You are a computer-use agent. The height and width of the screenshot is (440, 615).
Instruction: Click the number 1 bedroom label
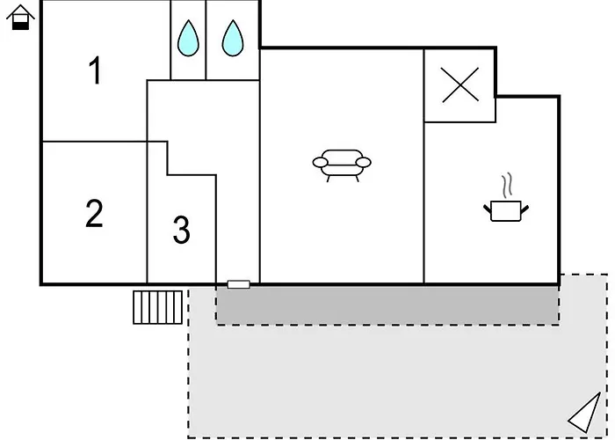pos(95,70)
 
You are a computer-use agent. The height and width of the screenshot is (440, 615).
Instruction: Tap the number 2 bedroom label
pos(94,213)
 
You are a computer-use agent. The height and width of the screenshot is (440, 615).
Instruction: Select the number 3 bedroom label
pos(181,230)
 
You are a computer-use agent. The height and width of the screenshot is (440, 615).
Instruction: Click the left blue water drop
pos(188,38)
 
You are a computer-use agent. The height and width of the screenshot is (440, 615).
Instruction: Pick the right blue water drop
pos(233,38)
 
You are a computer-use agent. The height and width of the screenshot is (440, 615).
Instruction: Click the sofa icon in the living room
pos(342,165)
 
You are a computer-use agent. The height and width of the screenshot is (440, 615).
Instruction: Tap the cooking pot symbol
pos(506,210)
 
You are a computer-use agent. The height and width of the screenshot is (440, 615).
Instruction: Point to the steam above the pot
pos(507,184)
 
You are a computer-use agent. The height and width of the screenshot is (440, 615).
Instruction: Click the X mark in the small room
pos(460,84)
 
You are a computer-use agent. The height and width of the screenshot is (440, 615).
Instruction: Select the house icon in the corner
pos(21,17)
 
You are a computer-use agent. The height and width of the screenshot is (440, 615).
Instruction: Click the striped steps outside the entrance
pos(157,307)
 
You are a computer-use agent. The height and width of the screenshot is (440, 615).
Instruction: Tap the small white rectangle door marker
pos(238,284)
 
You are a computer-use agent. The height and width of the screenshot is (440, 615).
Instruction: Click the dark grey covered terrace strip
pos(387,305)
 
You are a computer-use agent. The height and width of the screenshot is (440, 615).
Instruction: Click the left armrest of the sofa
pos(320,162)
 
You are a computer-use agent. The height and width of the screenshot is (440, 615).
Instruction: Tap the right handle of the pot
pos(525,209)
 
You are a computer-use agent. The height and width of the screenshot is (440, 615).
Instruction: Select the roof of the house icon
pos(21,11)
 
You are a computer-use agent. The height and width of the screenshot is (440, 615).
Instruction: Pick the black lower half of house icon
pos(21,26)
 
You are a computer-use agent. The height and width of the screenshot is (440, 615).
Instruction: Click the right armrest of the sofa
pos(364,162)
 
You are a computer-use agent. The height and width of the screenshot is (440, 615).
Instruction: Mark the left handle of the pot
pos(488,209)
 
